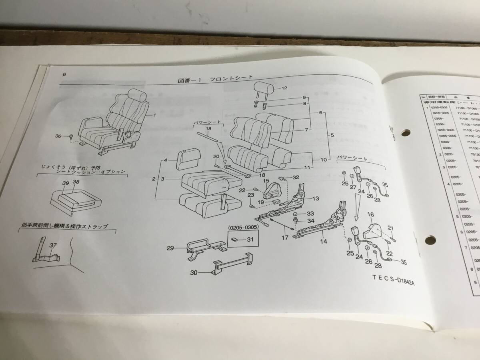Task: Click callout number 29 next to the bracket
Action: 170,249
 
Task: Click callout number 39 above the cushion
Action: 66,182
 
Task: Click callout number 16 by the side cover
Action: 370,215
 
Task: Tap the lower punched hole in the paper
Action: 429,240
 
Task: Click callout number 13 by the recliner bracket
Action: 316,198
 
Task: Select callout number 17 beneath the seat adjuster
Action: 284,238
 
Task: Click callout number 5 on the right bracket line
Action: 332,135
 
